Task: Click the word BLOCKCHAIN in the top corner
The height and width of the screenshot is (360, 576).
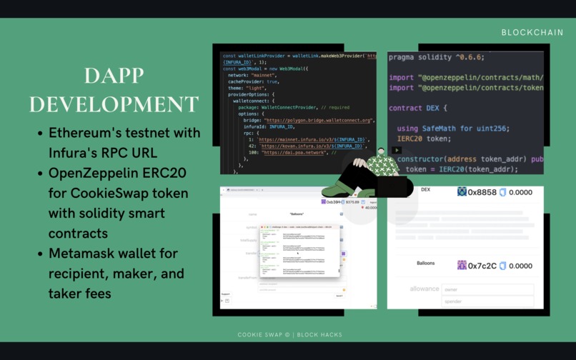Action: [532, 33]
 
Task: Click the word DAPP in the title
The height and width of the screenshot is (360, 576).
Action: [114, 76]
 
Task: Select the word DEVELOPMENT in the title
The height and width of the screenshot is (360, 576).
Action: [114, 104]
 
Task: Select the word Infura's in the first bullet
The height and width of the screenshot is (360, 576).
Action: [75, 153]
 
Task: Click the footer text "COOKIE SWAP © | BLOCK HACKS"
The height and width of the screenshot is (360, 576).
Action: [289, 334]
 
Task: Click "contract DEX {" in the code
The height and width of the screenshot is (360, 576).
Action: [418, 108]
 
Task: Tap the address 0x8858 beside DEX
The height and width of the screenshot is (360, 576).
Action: [482, 192]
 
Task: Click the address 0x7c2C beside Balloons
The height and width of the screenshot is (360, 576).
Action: [482, 266]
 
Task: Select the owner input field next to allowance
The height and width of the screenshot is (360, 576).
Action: [487, 289]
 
